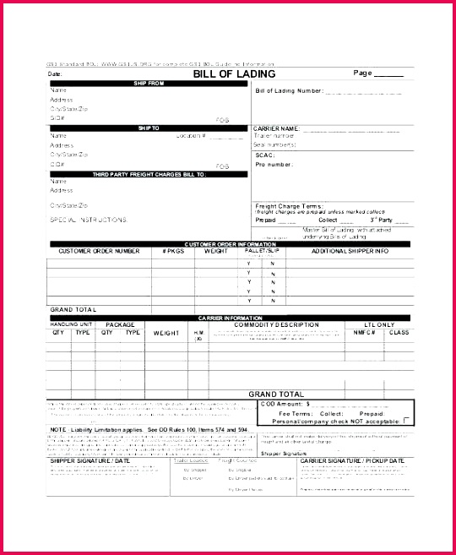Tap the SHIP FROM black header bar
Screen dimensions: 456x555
tap(149, 83)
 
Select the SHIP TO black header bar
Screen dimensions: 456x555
tap(149, 128)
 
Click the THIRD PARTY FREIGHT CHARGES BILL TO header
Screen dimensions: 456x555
tap(149, 174)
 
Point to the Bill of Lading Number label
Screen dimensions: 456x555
tap(289, 90)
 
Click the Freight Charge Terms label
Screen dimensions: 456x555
tap(289, 205)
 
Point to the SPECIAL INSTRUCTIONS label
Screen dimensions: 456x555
tap(89, 219)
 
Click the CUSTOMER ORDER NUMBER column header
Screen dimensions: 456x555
tap(99, 251)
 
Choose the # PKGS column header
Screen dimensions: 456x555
tap(173, 251)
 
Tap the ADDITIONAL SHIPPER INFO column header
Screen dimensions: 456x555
tap(350, 251)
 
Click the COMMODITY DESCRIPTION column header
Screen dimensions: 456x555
tap(276, 324)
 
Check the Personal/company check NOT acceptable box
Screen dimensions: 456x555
tap(407, 420)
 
